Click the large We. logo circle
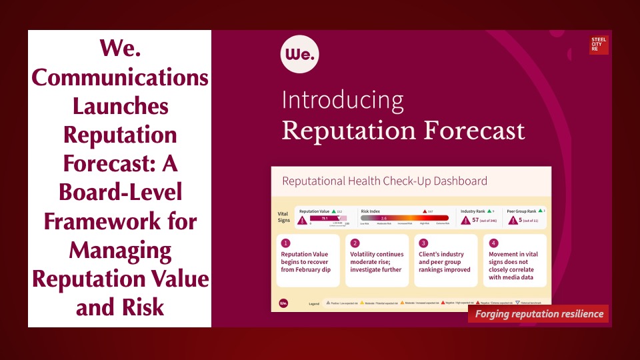(x=300, y=54)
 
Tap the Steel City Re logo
(x=599, y=45)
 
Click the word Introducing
(x=343, y=100)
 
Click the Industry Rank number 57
(x=476, y=219)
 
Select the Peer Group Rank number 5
(x=520, y=219)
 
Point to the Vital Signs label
(x=283, y=217)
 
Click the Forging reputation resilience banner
(x=538, y=314)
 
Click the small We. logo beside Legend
(x=283, y=303)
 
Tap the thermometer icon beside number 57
(x=465, y=219)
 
